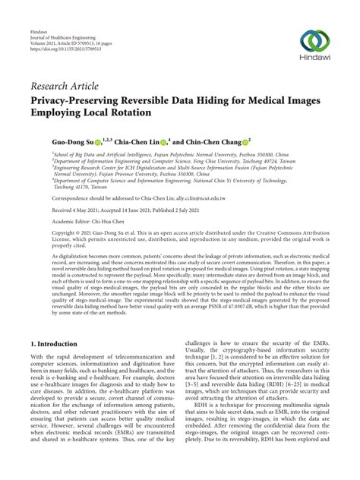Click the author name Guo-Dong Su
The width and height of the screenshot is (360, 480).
point(55,141)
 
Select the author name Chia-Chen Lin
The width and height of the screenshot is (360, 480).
point(131,141)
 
